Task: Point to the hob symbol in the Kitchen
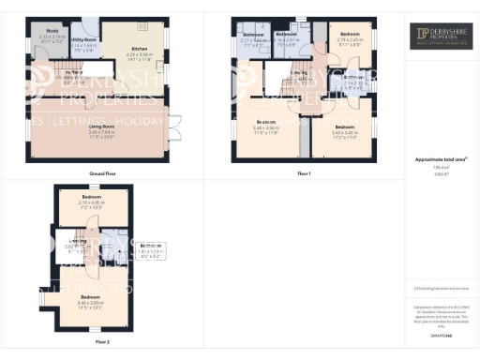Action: (x=142, y=27)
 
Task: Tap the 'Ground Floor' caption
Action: (x=101, y=173)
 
